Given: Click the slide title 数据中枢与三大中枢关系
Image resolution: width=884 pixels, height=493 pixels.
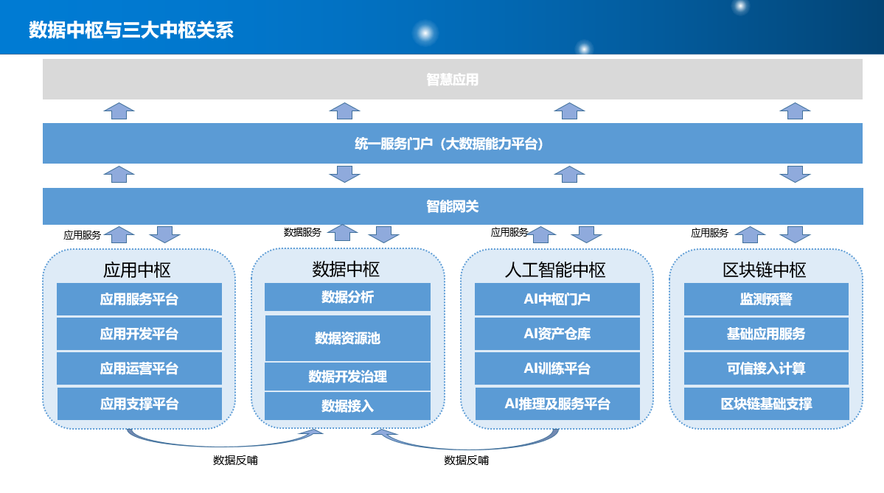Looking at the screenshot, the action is tap(130, 30).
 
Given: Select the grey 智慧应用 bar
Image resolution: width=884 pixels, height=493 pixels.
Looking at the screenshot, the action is tap(453, 80).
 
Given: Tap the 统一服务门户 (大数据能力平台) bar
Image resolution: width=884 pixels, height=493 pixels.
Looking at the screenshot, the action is tap(453, 144).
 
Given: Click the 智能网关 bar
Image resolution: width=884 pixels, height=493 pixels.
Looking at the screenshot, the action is tap(453, 206).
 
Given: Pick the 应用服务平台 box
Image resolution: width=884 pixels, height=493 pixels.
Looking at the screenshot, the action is tap(139, 299).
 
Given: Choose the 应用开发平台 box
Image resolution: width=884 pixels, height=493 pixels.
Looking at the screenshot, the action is tap(139, 334).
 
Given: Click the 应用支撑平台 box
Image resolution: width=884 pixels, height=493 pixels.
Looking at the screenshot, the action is tap(139, 404).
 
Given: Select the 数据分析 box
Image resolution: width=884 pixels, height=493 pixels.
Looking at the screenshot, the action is tap(347, 297).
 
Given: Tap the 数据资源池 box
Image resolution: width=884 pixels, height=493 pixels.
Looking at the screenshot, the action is tap(347, 338).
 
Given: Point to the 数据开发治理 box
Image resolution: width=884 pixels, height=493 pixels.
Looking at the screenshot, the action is tap(347, 377).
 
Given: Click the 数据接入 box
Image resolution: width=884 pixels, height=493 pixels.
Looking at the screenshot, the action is tap(347, 405).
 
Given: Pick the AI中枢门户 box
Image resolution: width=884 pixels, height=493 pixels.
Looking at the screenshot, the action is tap(557, 299).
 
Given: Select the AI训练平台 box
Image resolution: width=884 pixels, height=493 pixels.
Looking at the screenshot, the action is tap(557, 368).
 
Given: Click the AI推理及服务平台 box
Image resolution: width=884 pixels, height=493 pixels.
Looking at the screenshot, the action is tap(557, 404).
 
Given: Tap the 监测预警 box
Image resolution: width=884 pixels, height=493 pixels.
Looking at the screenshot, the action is tap(766, 299).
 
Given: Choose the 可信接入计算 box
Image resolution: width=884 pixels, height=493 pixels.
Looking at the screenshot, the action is tap(766, 368).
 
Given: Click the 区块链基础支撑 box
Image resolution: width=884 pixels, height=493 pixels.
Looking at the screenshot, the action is tap(766, 404).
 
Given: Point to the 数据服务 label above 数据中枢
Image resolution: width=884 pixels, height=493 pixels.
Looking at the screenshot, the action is tap(302, 232).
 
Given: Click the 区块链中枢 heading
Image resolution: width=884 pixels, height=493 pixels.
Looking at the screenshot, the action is tap(765, 270).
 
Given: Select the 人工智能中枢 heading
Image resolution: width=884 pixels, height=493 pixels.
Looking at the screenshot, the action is tap(555, 270).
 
